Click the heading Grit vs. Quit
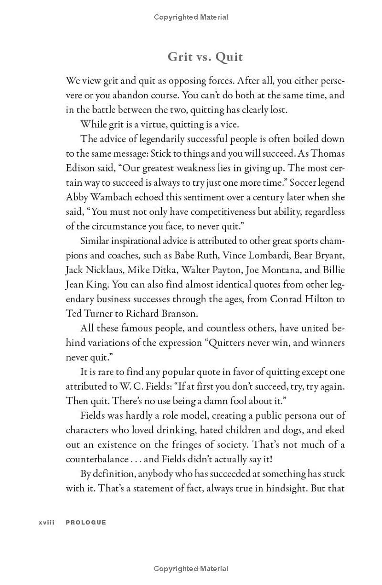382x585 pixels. tap(205, 57)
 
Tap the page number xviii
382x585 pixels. tap(47, 522)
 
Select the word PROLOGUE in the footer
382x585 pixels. tap(86, 522)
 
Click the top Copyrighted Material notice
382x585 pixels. tap(191, 17)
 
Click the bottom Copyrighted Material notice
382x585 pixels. tap(191, 569)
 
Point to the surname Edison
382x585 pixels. tap(80, 168)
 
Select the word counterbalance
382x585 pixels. tap(97, 459)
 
